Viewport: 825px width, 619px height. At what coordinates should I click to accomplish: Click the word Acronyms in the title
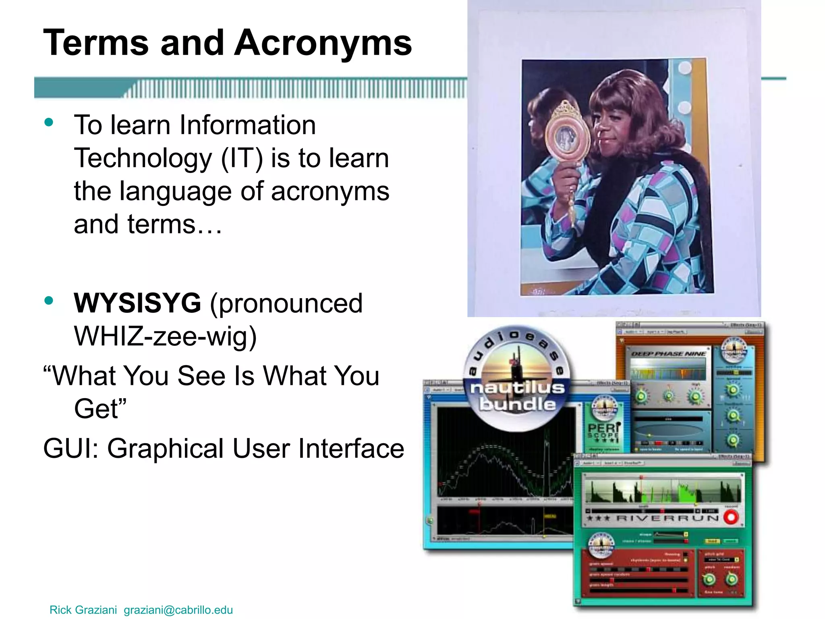(323, 44)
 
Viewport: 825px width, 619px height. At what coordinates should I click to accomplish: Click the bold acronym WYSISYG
(137, 303)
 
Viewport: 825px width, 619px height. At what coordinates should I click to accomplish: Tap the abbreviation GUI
(69, 449)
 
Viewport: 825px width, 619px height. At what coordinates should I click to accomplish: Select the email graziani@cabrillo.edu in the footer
(178, 610)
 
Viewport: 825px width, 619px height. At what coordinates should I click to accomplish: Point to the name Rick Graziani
(83, 610)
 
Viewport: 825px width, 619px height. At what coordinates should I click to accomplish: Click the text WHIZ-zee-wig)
(165, 336)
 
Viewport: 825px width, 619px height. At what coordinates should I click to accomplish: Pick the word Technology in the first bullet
(143, 158)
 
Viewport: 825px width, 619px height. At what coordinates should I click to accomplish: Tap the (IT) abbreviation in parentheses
(242, 158)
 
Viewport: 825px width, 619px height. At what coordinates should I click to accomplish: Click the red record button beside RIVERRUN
(731, 517)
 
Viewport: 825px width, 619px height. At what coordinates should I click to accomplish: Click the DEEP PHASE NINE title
(668, 354)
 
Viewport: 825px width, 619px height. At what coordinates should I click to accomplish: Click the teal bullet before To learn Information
(49, 122)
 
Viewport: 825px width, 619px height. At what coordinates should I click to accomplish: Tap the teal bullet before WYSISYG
(49, 301)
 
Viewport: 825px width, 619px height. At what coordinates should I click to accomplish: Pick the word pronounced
(286, 303)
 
